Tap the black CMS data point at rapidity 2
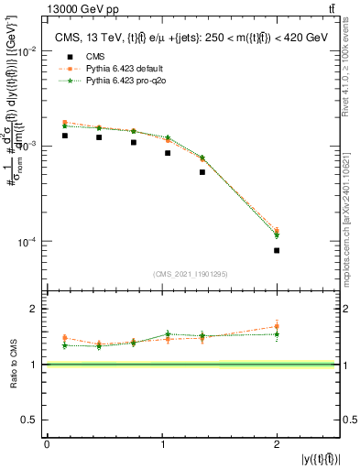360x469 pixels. [x=277, y=250]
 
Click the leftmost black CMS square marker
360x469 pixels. [x=64, y=136]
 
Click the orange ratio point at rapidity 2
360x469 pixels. [x=277, y=326]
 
